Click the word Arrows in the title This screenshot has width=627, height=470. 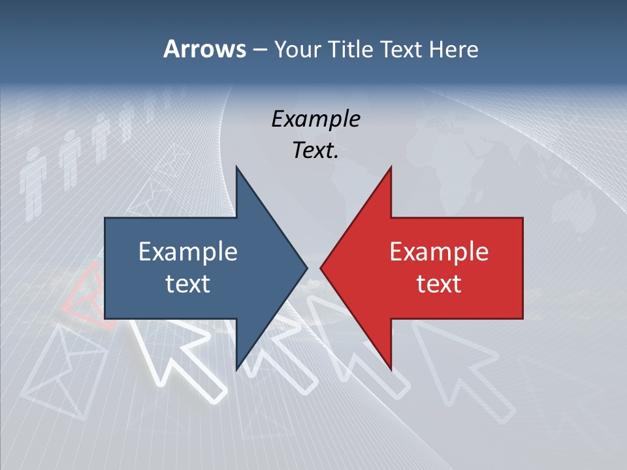[204, 49]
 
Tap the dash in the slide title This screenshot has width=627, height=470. [259, 50]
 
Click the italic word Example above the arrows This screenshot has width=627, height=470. [315, 119]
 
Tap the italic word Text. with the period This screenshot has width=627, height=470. [315, 150]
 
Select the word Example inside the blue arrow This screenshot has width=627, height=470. [188, 251]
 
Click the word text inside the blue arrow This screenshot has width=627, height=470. [188, 283]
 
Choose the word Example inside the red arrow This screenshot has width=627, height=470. [439, 251]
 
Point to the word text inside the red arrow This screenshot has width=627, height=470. [439, 283]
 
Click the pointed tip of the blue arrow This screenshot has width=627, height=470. [306, 268]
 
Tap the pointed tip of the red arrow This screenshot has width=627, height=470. [321, 268]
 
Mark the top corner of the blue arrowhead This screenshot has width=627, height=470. [236, 168]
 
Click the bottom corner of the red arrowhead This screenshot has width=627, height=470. [391, 369]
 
